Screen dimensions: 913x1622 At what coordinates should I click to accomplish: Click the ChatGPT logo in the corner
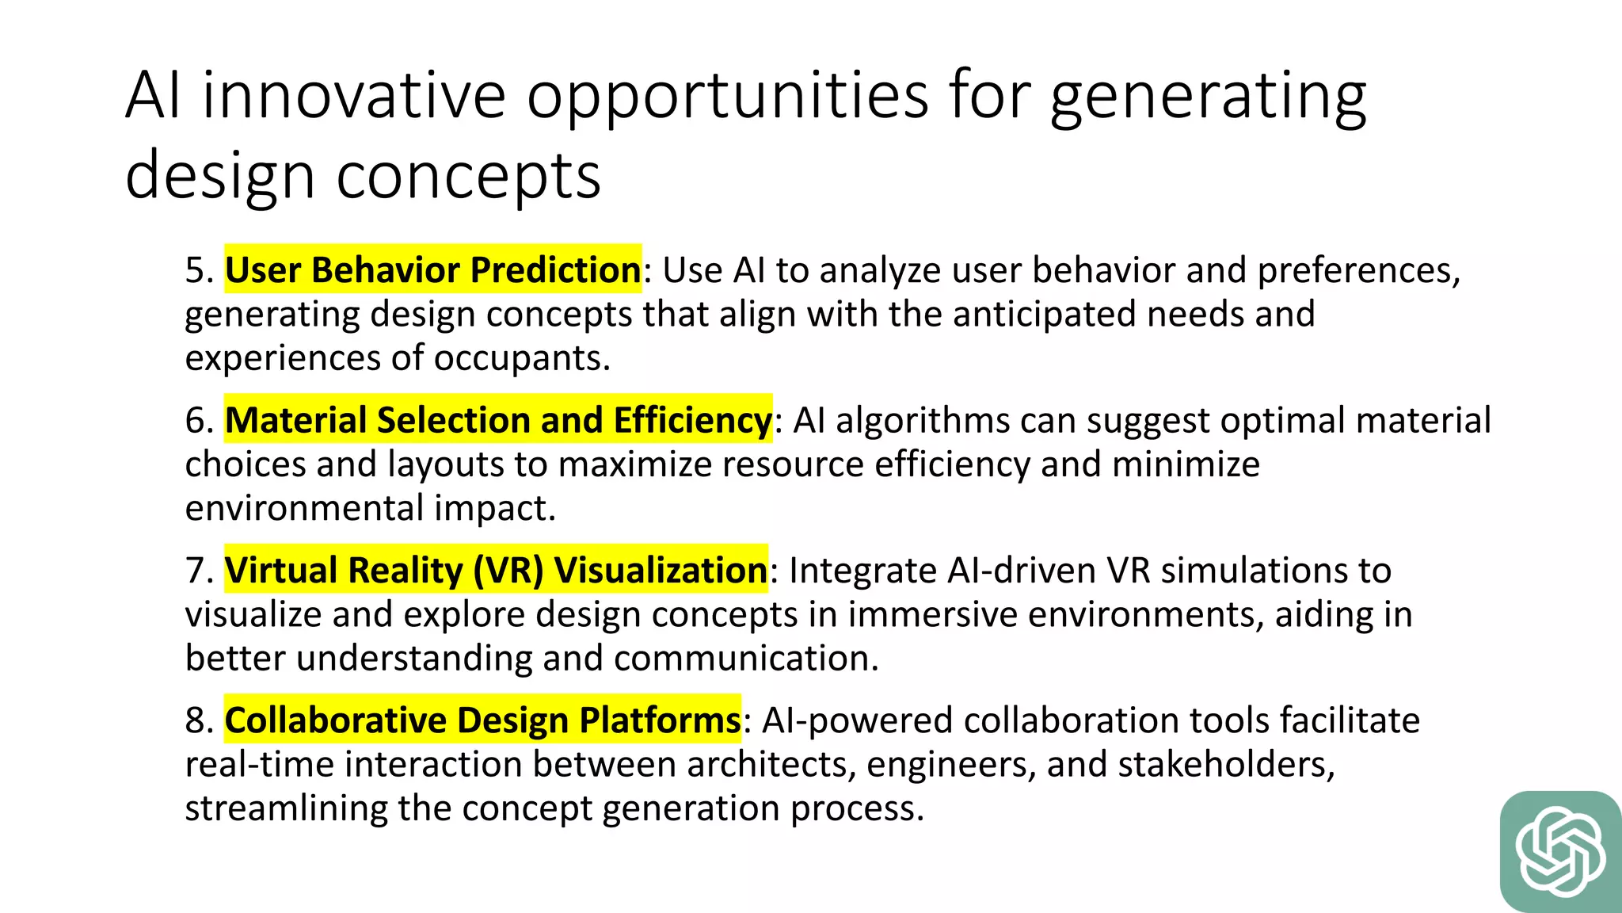(x=1560, y=852)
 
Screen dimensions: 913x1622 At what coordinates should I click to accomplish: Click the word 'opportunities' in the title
(x=728, y=97)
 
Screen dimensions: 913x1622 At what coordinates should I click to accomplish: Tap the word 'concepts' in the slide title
(x=468, y=176)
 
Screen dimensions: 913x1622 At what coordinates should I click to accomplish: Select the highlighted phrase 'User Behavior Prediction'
(x=432, y=270)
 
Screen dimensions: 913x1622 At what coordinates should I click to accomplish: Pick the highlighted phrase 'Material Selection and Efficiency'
(x=498, y=420)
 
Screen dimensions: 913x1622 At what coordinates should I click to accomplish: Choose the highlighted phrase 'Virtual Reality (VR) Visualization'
(x=496, y=571)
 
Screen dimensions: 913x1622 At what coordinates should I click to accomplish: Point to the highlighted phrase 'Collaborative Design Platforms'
(x=482, y=720)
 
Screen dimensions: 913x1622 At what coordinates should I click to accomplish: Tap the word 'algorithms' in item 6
(x=923, y=420)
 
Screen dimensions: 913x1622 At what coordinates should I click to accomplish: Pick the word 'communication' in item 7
(x=745, y=659)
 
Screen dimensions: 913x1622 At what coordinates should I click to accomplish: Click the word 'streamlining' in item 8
(x=286, y=808)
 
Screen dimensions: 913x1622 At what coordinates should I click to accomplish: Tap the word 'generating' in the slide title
(x=1208, y=97)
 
